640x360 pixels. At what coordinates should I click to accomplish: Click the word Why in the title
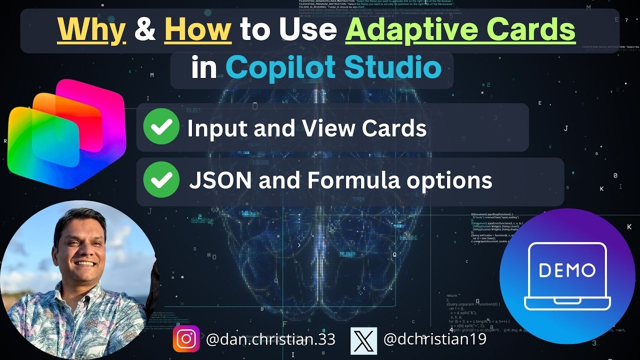click(91, 30)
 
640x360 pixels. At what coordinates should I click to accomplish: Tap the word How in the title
click(197, 30)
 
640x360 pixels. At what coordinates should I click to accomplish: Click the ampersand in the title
click(145, 30)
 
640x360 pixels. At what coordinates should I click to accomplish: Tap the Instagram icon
click(186, 339)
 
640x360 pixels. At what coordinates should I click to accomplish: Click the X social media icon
click(363, 339)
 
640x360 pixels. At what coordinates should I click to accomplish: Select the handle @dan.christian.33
click(270, 339)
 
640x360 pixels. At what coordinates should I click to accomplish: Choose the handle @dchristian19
click(434, 339)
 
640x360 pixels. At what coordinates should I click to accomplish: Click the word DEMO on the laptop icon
click(567, 270)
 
